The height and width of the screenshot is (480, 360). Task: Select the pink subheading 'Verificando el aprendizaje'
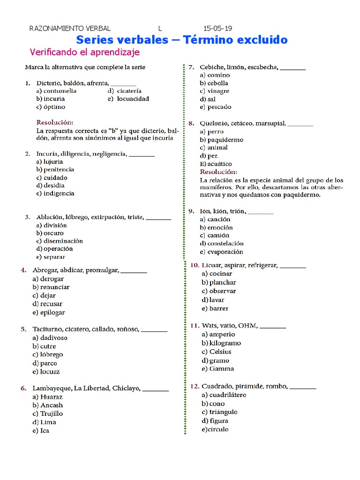coord(84,52)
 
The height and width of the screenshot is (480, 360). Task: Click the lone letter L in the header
coord(159,28)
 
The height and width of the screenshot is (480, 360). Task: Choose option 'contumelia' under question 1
coord(60,91)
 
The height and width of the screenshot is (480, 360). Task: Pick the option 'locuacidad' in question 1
coord(133,99)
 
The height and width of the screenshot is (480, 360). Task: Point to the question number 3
coord(27,217)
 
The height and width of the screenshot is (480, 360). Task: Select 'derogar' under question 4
coord(52,279)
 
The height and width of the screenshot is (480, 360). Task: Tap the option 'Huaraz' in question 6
coord(52,397)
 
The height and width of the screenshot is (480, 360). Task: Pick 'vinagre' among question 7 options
coord(218,91)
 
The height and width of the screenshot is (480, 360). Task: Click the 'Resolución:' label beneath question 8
coord(218,172)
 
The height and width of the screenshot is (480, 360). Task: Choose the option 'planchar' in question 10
coord(223,282)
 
